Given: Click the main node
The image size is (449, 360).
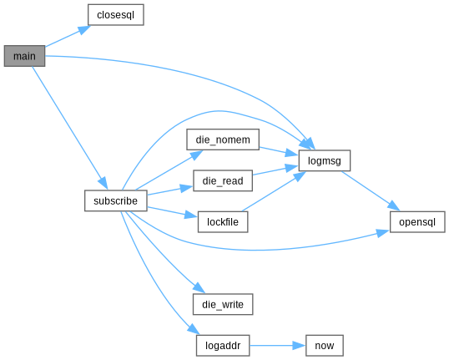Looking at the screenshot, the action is [x=24, y=56].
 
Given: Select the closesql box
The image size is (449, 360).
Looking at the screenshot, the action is [x=116, y=15].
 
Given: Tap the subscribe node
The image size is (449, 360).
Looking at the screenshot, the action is [x=116, y=200].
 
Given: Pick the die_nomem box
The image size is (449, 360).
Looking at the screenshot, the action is [x=223, y=139].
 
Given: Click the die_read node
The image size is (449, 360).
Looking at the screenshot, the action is [x=223, y=180].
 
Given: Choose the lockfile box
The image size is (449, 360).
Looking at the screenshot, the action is [x=223, y=222].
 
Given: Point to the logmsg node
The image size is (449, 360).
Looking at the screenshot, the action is [x=325, y=160].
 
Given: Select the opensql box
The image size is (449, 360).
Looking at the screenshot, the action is [x=417, y=222].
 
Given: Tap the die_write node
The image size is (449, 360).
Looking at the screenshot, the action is [x=223, y=304].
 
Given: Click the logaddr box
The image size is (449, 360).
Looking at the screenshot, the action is [x=223, y=346].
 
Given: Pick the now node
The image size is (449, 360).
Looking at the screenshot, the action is [x=325, y=346].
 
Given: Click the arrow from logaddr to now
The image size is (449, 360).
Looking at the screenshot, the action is [x=277, y=346].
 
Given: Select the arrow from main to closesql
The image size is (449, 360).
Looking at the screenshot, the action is [x=68, y=36].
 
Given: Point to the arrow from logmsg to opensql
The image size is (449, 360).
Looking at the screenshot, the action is [x=371, y=190].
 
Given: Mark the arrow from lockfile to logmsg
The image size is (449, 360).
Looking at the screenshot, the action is [x=274, y=191].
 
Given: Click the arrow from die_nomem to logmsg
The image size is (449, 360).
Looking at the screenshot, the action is [x=279, y=151].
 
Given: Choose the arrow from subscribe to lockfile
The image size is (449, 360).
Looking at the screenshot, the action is [x=173, y=212].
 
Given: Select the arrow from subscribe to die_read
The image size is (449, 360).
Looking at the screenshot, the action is [x=170, y=190].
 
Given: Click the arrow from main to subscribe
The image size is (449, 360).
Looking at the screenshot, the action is [x=70, y=128].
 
